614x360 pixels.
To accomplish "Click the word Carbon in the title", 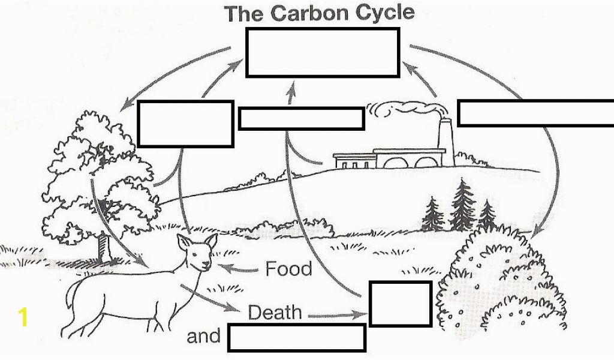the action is coord(311,13).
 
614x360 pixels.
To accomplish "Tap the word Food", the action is coord(289,269).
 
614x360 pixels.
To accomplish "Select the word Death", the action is coord(275,312).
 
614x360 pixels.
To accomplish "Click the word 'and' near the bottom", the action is coord(204,336).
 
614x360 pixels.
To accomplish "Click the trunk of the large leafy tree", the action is coord(104,247).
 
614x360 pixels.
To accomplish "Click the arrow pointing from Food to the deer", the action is coord(238,269).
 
